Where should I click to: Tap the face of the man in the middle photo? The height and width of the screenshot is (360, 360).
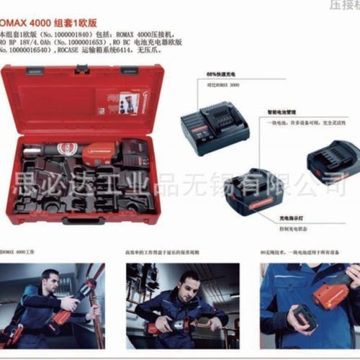coord(188,281)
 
